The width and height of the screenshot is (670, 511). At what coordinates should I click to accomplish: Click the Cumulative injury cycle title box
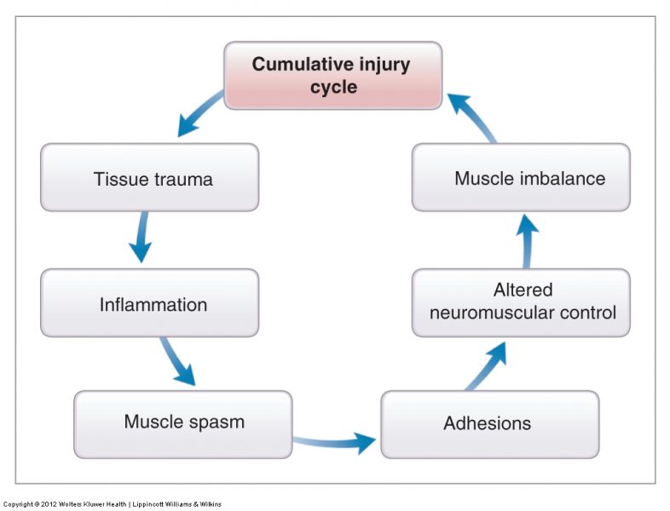point(333,75)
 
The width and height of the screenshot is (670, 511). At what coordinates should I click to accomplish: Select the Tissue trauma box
point(149,177)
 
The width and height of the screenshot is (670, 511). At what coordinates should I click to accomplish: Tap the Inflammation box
point(149,303)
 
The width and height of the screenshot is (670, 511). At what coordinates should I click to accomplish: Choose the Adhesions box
point(489,424)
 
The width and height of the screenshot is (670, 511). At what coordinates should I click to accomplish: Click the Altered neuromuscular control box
point(521,302)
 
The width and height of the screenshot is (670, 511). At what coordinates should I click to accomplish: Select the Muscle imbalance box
point(521,177)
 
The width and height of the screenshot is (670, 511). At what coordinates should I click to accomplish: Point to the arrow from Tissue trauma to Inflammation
point(141,237)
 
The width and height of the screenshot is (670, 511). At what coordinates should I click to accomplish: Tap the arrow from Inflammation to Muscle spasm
point(178,362)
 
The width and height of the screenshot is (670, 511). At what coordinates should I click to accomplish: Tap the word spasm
point(218,422)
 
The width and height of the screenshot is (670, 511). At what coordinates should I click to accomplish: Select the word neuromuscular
point(489,313)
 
